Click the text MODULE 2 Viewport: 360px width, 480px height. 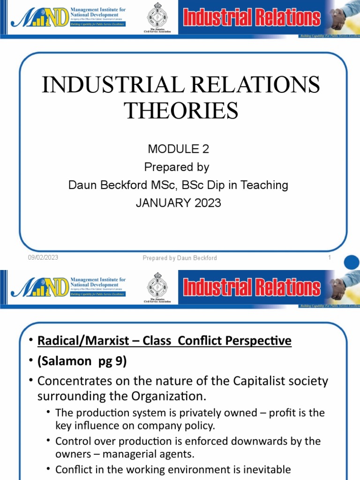click(178, 150)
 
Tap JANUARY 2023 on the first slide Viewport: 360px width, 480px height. click(178, 203)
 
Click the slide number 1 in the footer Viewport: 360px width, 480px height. click(330, 258)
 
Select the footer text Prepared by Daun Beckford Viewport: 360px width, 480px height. click(180, 258)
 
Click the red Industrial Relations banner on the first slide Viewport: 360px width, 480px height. click(252, 18)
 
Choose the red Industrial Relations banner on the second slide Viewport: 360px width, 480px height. click(252, 287)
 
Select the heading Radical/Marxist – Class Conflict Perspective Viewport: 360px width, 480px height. click(164, 342)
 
